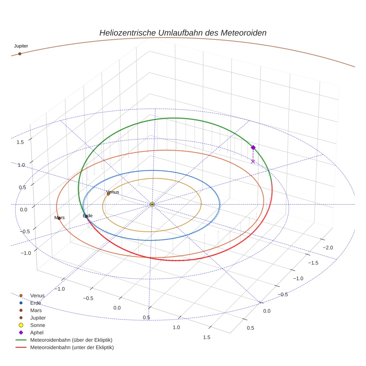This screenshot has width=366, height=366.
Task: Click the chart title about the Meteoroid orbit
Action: (x=183, y=33)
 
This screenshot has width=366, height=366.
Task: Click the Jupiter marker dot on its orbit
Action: (x=20, y=54)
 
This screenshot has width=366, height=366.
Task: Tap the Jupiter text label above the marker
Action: (x=21, y=46)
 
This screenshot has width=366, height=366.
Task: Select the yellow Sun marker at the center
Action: (x=152, y=204)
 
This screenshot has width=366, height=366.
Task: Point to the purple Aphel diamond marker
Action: (x=253, y=148)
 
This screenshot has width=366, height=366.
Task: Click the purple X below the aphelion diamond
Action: (x=253, y=161)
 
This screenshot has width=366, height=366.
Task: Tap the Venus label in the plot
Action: (x=113, y=192)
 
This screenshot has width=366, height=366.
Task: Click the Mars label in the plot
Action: (x=60, y=218)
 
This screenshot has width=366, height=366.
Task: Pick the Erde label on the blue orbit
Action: (x=88, y=216)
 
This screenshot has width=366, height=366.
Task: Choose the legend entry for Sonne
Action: (x=38, y=325)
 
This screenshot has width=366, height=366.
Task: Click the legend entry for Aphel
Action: (x=37, y=333)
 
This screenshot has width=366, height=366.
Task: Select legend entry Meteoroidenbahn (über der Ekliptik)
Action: (x=71, y=340)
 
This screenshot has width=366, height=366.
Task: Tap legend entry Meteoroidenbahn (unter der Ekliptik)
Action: (x=72, y=347)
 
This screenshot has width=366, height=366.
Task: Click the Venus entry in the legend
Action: (x=37, y=295)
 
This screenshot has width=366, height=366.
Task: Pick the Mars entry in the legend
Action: (x=36, y=310)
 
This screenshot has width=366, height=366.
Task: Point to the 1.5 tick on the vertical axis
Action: (x=20, y=142)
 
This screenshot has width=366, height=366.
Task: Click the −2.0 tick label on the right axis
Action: (x=328, y=248)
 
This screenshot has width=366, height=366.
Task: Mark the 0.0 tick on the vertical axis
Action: (x=23, y=209)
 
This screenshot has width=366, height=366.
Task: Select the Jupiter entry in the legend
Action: (x=38, y=318)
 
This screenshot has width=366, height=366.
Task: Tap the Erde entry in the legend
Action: (x=36, y=303)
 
